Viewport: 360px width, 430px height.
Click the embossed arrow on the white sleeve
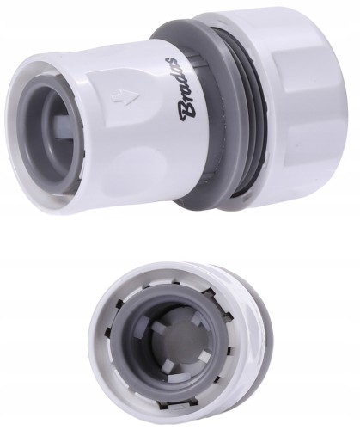pos(125,96)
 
